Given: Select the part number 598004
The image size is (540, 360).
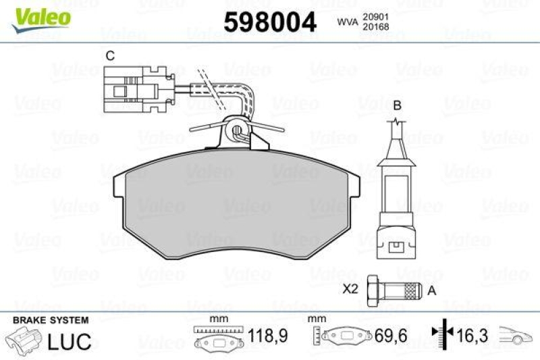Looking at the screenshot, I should pyautogui.click(x=269, y=22).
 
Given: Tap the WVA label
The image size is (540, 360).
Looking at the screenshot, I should pyautogui.click(x=347, y=23).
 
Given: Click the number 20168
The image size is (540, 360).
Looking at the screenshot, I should pyautogui.click(x=377, y=28).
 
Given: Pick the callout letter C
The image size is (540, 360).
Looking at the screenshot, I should pyautogui.click(x=109, y=56).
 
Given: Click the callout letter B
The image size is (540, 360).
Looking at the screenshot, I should pyautogui.click(x=398, y=105).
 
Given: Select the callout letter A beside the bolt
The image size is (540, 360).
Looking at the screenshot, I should pyautogui.click(x=433, y=290).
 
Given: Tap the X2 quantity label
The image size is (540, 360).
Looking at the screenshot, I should pyautogui.click(x=350, y=290).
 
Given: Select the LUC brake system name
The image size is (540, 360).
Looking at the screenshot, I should pyautogui.click(x=69, y=342).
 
